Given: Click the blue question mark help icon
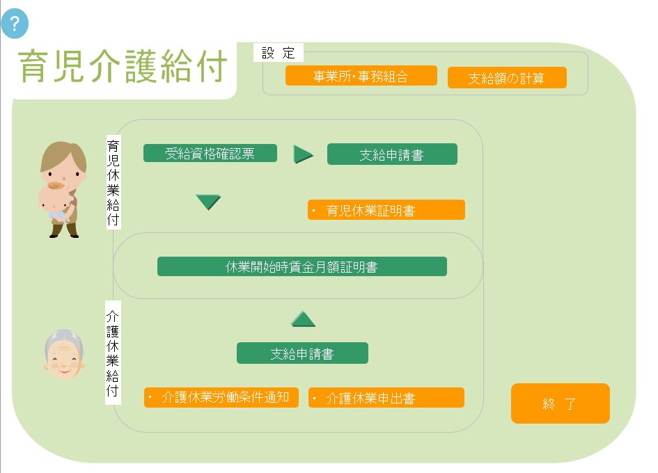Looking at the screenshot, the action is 15,24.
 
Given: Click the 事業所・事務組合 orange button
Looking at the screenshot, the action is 361,76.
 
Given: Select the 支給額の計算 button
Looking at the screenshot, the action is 507,78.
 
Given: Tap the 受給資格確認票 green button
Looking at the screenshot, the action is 210,153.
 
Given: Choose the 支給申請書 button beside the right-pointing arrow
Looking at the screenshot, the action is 392,154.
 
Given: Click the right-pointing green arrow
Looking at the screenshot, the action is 303,154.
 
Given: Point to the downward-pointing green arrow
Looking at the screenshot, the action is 208,202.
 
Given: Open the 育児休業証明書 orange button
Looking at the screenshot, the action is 386,209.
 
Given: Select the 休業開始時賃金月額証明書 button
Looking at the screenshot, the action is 301,266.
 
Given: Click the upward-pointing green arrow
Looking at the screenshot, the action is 303,319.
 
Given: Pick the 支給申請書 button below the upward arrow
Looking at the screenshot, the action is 302,353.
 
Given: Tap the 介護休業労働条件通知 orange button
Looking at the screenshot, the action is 221,397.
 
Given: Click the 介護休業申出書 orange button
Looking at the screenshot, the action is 386,397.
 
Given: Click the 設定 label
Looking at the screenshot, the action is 279,53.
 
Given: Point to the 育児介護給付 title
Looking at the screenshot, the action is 123,66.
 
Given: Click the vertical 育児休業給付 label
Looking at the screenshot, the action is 113,182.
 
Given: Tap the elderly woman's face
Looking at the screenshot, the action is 64,355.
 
